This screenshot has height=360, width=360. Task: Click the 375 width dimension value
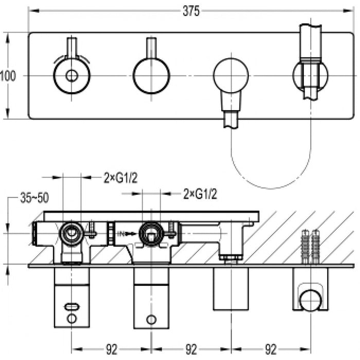pos(191,11)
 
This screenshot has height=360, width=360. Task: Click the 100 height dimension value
pos(8,76)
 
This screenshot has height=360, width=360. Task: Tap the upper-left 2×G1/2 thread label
pos(120,178)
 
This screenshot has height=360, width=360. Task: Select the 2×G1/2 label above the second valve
pos(200,194)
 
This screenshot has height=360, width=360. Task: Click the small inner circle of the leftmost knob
pos(71,76)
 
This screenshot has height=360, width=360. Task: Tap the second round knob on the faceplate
pos(151,76)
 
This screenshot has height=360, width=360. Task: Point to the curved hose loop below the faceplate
pos(271,165)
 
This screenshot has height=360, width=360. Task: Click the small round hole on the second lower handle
pos(151,319)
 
